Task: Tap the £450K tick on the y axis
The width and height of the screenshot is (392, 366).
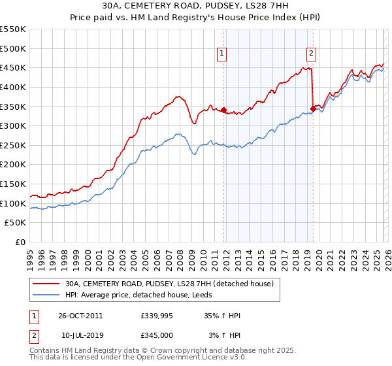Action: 13,68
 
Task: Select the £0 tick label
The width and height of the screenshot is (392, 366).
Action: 20,242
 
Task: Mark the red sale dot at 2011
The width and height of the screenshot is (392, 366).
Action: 223,110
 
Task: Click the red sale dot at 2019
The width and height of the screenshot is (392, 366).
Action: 313,108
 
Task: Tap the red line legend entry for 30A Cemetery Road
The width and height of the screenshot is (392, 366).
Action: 172,284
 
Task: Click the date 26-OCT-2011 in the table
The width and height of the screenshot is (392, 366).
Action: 80,316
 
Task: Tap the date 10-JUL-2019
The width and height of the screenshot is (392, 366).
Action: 80,335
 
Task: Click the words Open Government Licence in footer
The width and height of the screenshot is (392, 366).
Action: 184,358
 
